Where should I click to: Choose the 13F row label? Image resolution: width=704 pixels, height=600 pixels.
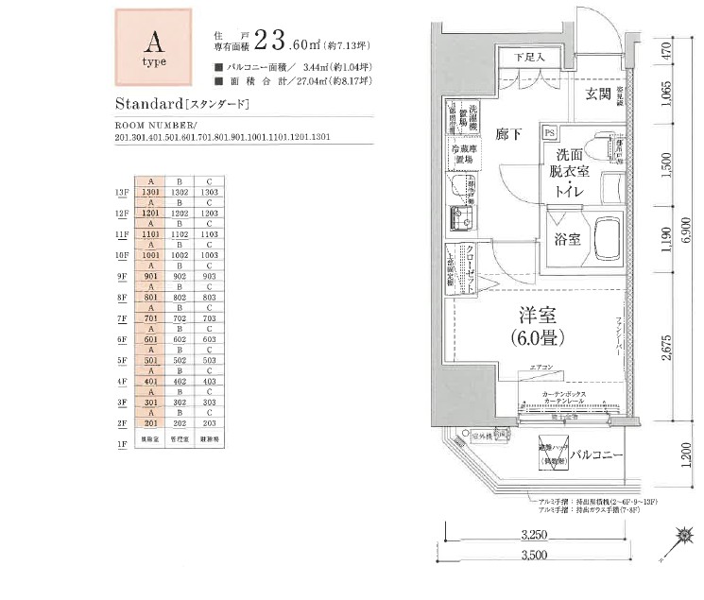(121, 193)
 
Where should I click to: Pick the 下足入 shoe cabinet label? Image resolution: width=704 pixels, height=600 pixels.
(532, 58)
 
